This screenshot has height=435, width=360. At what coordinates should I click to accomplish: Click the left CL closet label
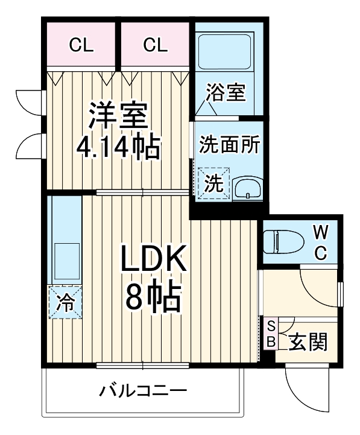click(x=81, y=45)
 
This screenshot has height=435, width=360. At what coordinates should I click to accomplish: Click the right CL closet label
click(x=156, y=45)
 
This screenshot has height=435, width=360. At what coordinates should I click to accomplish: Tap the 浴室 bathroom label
click(x=226, y=94)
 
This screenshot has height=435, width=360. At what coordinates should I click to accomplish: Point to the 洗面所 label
click(x=229, y=145)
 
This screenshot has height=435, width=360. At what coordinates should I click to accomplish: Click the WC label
click(x=322, y=241)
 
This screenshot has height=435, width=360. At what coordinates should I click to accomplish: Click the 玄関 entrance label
click(x=308, y=342)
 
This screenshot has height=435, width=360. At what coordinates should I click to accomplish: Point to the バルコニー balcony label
click(x=143, y=390)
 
